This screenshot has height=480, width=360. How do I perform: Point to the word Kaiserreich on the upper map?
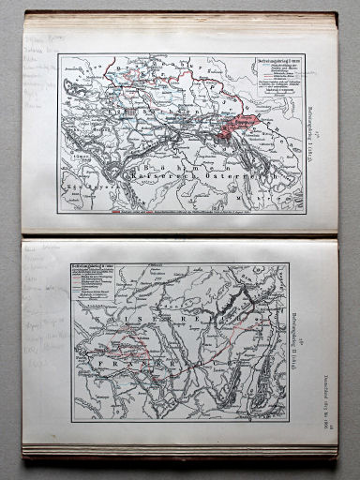(x=164, y=174)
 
